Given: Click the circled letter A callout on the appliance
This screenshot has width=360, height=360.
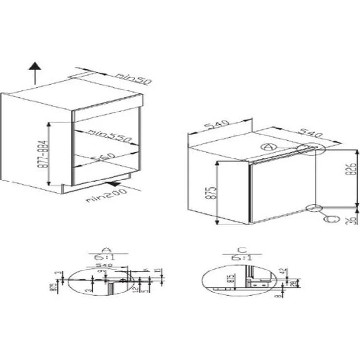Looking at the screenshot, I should point(266,146).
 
